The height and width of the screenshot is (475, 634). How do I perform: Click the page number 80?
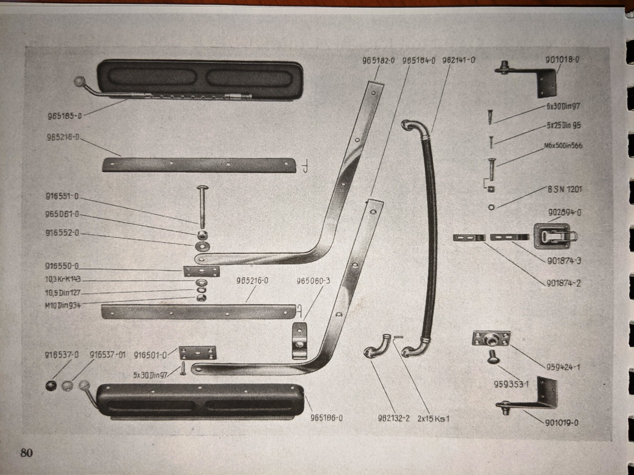pyautogui.click(x=26, y=452)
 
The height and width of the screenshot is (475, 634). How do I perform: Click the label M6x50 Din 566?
pyautogui.click(x=564, y=146)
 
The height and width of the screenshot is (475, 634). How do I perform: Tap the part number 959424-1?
pyautogui.click(x=562, y=367)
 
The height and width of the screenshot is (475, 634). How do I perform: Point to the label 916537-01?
pyautogui.click(x=108, y=355)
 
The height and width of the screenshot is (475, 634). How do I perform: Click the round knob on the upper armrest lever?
pyautogui.click(x=80, y=82)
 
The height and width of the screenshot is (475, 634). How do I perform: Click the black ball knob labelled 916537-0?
pyautogui.click(x=51, y=386)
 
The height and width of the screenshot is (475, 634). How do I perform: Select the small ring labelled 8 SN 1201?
pyautogui.click(x=490, y=207)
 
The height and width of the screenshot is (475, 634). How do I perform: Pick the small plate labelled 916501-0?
pyautogui.click(x=198, y=352)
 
